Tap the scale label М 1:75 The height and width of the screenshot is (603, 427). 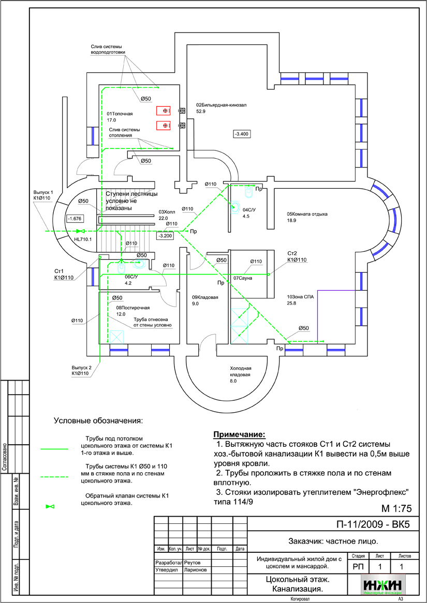[x=396, y=507]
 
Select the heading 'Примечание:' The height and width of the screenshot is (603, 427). [x=239, y=434]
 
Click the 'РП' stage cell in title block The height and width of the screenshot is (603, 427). [x=358, y=567]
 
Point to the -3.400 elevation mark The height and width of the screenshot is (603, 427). [x=242, y=134]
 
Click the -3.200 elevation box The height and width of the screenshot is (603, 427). [x=165, y=236]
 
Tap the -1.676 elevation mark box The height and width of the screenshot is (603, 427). [x=76, y=218]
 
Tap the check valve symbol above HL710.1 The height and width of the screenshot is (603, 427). [x=80, y=231]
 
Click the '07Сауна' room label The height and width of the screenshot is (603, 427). [x=242, y=278]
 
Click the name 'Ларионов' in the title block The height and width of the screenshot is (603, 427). [x=195, y=570]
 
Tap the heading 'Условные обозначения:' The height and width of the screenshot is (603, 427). [x=98, y=420]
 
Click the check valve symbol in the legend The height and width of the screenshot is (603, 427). [x=50, y=506]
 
